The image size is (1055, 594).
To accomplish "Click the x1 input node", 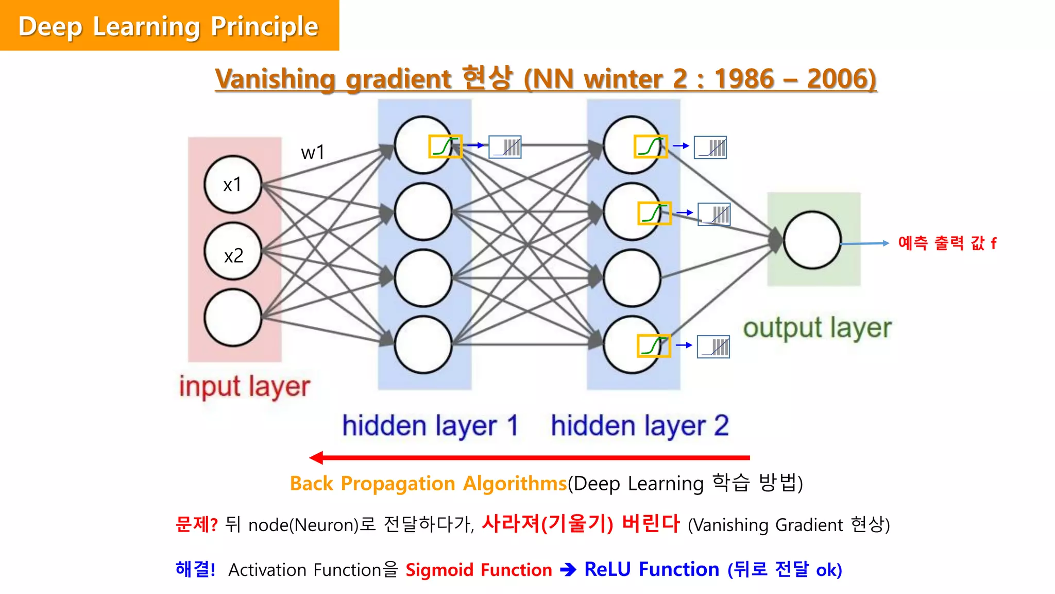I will [233, 185].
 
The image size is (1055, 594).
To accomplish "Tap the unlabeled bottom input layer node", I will [233, 318].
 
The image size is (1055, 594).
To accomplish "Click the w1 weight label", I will [313, 153].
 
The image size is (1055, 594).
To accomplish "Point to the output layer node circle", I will [812, 240].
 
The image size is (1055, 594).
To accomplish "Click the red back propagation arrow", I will [531, 457].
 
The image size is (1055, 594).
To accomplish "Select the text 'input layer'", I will [244, 387].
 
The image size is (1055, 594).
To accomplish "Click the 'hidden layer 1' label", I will [430, 426].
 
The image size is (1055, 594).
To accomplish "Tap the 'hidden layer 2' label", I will [640, 426].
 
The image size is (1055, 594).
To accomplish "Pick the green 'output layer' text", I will [817, 328].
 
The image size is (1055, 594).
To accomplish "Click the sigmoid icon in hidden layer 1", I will [445, 147].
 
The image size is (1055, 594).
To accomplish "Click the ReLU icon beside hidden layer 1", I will [505, 147].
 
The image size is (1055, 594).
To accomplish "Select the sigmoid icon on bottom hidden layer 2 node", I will [653, 346].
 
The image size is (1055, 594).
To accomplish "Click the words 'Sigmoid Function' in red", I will [479, 570].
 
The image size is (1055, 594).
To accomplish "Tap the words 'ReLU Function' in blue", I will [651, 569].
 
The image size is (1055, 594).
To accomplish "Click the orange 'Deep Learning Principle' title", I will [168, 26].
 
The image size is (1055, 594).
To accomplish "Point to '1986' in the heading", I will [744, 79].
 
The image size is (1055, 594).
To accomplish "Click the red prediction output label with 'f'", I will [947, 243].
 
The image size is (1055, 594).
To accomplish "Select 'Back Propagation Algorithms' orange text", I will [428, 484].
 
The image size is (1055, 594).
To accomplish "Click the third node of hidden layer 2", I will [632, 278].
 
